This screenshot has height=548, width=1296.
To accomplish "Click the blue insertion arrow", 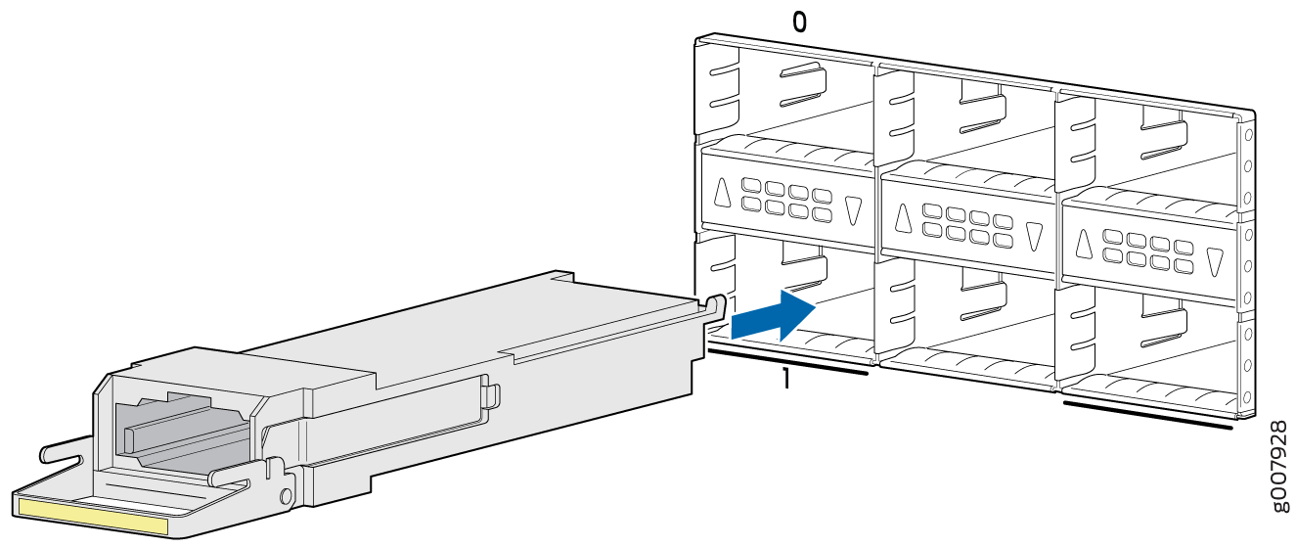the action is [x=774, y=315].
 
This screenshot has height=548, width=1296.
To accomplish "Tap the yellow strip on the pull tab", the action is [x=93, y=517].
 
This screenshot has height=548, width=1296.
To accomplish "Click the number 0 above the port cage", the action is [x=799, y=23].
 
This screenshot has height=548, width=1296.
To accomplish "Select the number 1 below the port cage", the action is [x=785, y=379].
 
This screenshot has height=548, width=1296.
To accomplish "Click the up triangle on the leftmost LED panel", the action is [x=722, y=193].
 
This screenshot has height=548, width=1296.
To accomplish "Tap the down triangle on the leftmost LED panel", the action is [x=853, y=210].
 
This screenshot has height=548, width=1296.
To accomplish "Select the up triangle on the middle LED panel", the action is [x=903, y=218].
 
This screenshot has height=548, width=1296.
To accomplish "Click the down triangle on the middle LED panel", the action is [x=1034, y=237].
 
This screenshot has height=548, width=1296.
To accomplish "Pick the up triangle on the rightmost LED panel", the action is [x=1084, y=243].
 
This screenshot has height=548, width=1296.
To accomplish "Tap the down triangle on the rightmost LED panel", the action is [x=1215, y=262].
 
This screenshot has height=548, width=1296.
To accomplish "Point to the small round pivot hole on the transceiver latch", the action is [x=286, y=496].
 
